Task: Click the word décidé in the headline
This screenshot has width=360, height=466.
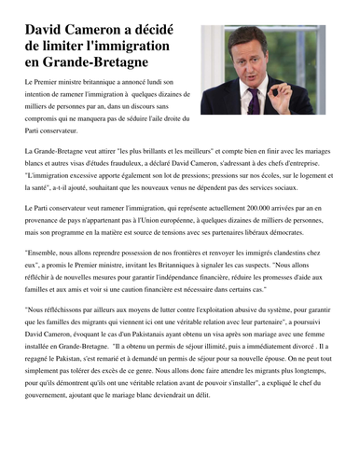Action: pyautogui.click(x=161, y=31)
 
